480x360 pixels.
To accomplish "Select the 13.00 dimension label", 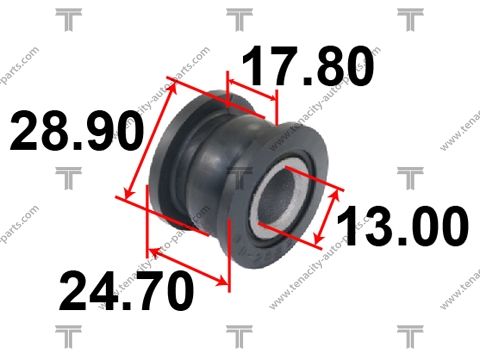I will (x=402, y=228).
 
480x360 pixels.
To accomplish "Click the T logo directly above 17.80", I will (x=238, y=17).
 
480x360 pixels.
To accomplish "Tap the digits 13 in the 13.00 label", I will (x=362, y=228).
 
